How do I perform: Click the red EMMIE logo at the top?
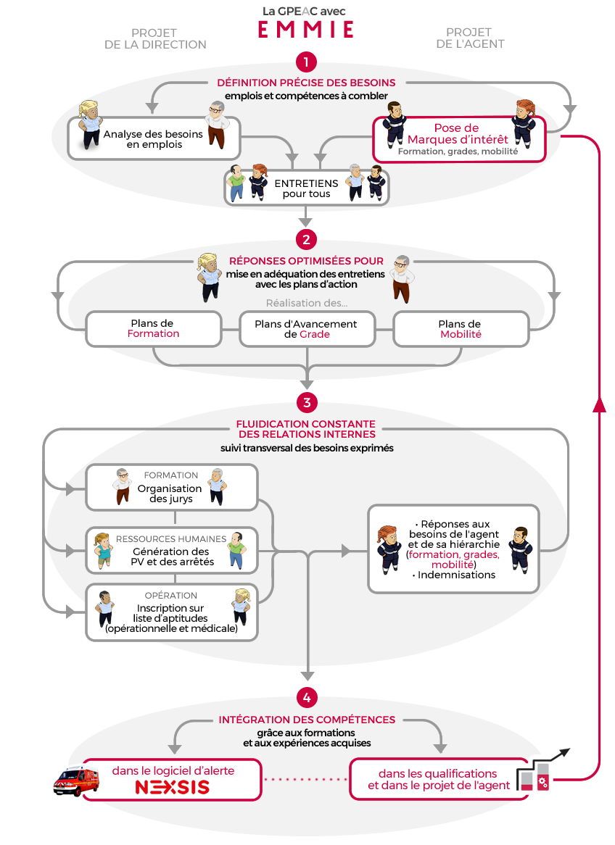[x=306, y=29]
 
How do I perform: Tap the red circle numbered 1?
[x=306, y=62]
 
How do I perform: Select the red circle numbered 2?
[x=306, y=239]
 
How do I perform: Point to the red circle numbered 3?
[x=307, y=402]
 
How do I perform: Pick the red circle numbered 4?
[x=307, y=698]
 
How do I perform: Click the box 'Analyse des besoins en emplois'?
[x=154, y=138]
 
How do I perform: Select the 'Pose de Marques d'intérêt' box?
[x=459, y=139]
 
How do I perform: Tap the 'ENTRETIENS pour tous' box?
[x=307, y=188]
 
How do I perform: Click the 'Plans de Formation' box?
[x=154, y=329]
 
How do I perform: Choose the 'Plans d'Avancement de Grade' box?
[x=307, y=329]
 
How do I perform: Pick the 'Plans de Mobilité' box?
[x=461, y=329]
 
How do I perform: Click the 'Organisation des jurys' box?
[x=172, y=487]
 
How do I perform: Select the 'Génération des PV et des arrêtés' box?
[x=172, y=550]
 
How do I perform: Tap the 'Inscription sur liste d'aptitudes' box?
[x=172, y=612]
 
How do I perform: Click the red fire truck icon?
[x=77, y=781]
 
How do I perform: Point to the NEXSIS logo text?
[x=172, y=787]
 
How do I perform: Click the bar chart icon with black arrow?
[x=540, y=770]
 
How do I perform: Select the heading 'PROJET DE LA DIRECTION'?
[x=155, y=39]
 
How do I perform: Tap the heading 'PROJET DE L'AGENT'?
[x=470, y=38]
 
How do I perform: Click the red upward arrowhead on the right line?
[x=599, y=405]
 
